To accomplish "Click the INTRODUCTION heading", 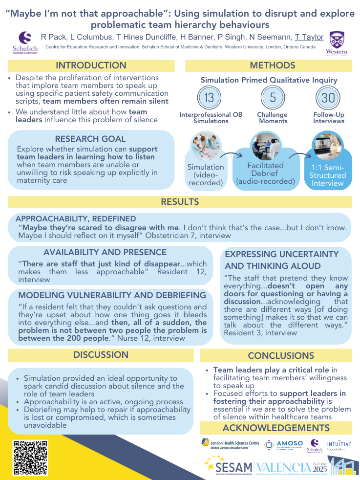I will [x=91, y=65].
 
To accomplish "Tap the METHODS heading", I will [x=269, y=65].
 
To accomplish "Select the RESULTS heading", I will [x=180, y=201].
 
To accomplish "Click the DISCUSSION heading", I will [x=101, y=355].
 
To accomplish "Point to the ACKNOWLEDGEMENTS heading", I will [x=276, y=428].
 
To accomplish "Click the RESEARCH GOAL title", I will [x=90, y=139].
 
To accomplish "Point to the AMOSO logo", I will [x=284, y=444].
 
